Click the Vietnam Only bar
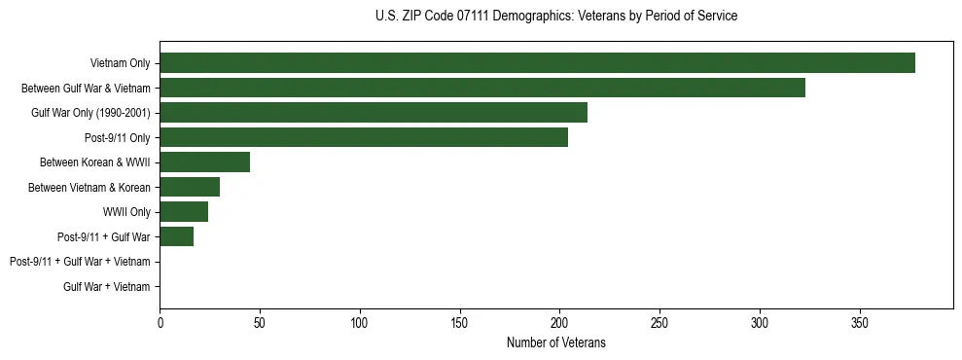[x=537, y=63]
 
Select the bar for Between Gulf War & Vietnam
[x=482, y=88]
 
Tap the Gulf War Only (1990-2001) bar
[x=374, y=113]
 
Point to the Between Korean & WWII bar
[x=205, y=162]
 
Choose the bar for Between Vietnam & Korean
[x=190, y=187]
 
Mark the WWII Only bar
[x=184, y=211]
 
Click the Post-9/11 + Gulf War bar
[x=177, y=236]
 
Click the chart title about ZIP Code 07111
[x=555, y=17]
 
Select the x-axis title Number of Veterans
[x=555, y=342]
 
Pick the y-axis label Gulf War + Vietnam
[x=107, y=286]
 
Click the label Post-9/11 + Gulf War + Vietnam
[x=80, y=262]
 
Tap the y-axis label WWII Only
[x=126, y=212]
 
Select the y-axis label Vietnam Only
[x=121, y=63]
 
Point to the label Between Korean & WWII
[x=95, y=162]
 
